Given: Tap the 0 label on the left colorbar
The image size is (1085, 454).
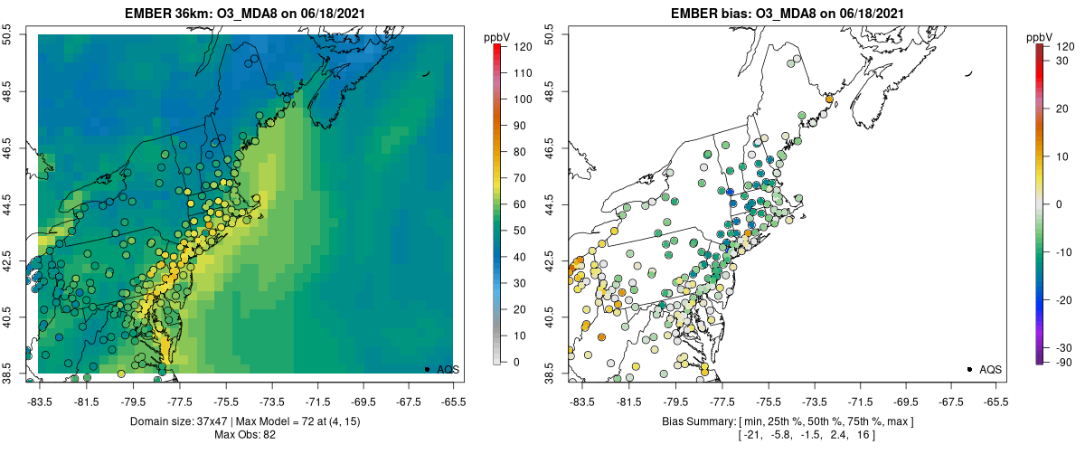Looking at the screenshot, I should [x=515, y=362].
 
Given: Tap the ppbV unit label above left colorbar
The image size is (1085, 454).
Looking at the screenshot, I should [x=497, y=37].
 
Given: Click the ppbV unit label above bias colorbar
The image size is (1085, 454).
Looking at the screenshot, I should [x=1041, y=37].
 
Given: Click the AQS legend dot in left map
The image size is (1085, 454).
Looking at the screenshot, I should [x=427, y=369].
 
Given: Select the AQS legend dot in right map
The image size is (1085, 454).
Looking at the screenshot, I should [x=969, y=369].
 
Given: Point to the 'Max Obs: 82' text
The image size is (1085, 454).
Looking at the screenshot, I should [x=245, y=435].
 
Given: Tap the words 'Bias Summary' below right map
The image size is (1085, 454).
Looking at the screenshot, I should [x=690, y=422].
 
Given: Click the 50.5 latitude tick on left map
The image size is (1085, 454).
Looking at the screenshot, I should [x=13, y=34].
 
